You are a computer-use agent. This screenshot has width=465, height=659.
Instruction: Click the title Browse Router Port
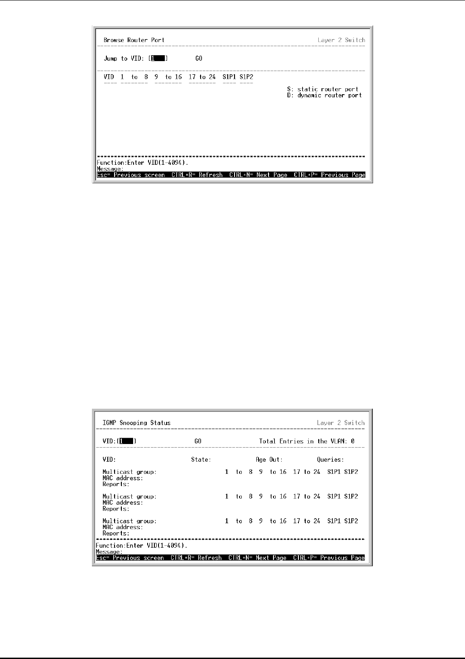(134, 40)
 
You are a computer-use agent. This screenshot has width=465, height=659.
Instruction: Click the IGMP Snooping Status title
(137, 423)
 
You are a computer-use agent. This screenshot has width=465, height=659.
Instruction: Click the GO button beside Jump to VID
(199, 58)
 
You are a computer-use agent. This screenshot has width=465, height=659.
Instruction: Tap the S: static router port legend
(323, 89)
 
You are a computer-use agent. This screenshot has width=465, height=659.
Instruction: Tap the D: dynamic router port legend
(325, 96)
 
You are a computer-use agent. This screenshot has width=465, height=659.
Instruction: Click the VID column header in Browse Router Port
(109, 77)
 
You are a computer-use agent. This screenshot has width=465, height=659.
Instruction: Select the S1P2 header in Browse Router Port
(246, 77)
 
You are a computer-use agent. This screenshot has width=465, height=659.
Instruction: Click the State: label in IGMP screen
(201, 460)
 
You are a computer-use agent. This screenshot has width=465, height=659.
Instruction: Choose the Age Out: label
(269, 460)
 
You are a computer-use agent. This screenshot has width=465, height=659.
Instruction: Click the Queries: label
(330, 460)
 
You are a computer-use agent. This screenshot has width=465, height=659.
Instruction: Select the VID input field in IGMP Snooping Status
(128, 441)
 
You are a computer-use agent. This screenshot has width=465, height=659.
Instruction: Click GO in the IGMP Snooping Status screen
(198, 441)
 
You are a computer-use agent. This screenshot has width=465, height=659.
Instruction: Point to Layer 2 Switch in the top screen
(341, 40)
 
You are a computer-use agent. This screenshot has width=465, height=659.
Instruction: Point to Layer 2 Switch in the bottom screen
(340, 423)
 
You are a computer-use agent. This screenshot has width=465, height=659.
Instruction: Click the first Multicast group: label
(129, 472)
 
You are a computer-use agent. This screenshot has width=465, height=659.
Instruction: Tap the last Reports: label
(116, 534)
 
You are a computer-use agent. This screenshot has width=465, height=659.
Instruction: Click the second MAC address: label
(123, 503)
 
